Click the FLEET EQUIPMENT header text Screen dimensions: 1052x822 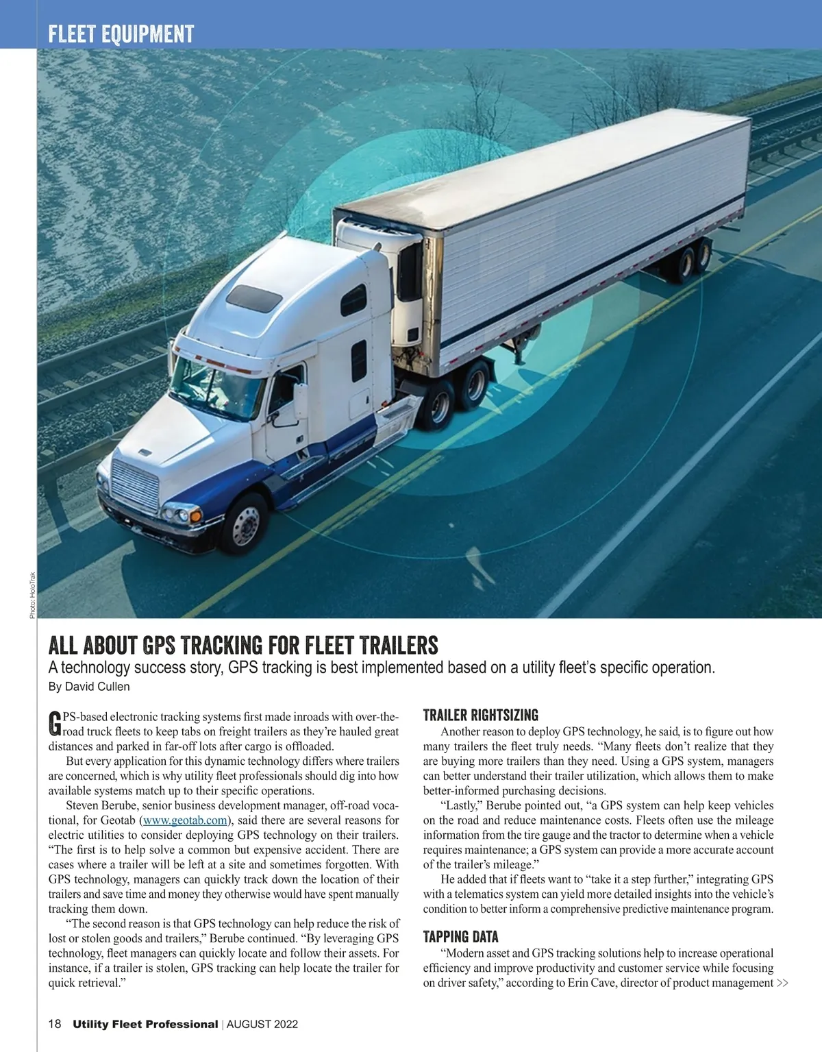[x=121, y=34]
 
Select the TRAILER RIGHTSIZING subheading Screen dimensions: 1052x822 [x=480, y=715]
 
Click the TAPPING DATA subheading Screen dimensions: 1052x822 [x=460, y=937]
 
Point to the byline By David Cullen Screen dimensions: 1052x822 [x=89, y=687]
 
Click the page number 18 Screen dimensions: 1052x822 [x=55, y=1025]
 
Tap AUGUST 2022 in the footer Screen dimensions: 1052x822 [x=262, y=1025]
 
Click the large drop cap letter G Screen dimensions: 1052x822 [x=55, y=724]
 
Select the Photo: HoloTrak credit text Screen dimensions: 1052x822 [x=32, y=595]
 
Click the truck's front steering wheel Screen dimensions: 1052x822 [x=244, y=524]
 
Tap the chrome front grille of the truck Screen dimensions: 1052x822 [x=135, y=485]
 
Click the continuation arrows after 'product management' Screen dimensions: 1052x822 [x=782, y=983]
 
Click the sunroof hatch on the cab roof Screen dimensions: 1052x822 [x=254, y=299]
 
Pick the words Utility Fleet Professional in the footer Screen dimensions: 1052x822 [x=145, y=1025]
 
